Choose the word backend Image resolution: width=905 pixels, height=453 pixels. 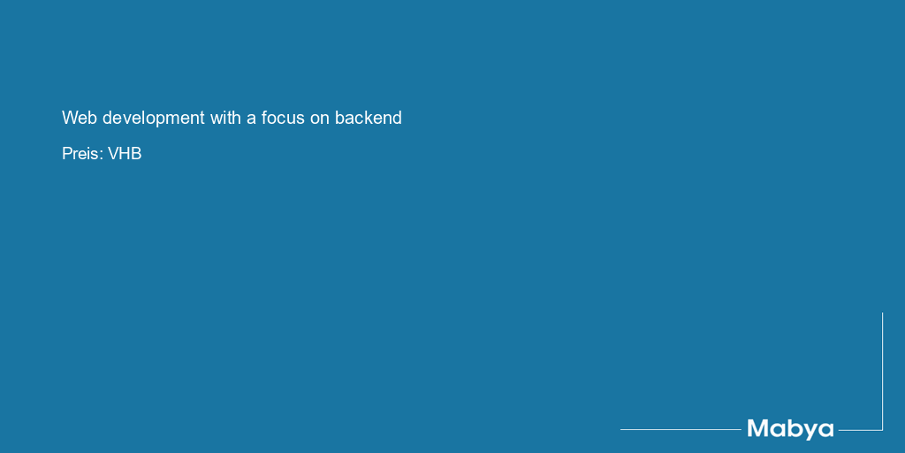[369, 118]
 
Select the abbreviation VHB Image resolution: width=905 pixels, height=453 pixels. [125, 154]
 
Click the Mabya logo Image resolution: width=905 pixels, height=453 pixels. [790, 429]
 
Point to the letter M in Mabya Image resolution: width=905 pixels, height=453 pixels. [757, 428]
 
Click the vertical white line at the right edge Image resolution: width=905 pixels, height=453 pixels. [882, 371]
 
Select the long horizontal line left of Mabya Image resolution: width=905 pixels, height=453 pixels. [681, 429]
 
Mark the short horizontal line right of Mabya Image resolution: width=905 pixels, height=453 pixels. [860, 430]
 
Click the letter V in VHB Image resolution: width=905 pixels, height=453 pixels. [114, 154]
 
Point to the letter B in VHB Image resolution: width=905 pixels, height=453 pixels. [137, 154]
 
